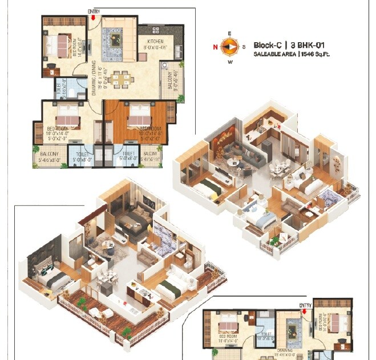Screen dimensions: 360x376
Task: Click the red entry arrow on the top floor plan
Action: point(92,17)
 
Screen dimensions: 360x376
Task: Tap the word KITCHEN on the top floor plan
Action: point(156,42)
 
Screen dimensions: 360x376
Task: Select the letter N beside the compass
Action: point(216,47)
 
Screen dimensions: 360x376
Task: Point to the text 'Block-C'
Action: point(268,45)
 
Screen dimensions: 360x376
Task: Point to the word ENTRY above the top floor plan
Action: point(92,11)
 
